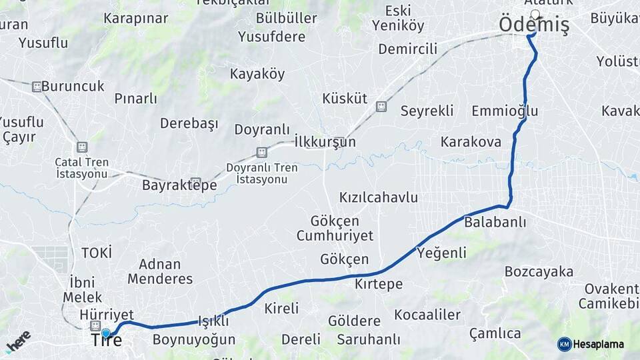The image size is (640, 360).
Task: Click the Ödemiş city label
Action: pos(534,25)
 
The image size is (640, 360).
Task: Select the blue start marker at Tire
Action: pos(105,332)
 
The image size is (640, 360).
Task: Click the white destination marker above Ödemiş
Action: pos(535,13)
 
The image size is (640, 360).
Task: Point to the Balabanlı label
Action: pos(495,221)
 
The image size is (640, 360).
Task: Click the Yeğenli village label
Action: pos(441,253)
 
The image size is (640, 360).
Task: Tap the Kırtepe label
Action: pos(379,284)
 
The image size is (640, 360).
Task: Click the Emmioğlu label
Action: pos(504,111)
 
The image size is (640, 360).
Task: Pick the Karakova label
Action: pos(471,141)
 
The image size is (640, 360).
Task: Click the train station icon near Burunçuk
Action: pos(37,86)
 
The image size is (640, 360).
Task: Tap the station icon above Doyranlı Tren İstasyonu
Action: pos(261,152)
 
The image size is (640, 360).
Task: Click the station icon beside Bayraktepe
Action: pos(195,182)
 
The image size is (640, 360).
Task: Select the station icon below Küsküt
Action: pos(381,106)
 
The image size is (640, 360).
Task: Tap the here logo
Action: pos(19,341)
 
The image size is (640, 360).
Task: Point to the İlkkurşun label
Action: pos(325,142)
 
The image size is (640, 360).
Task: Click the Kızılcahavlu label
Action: pos(378,197)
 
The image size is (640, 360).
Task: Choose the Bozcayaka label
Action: pos(539,271)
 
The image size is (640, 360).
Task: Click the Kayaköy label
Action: pos(257,74)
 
